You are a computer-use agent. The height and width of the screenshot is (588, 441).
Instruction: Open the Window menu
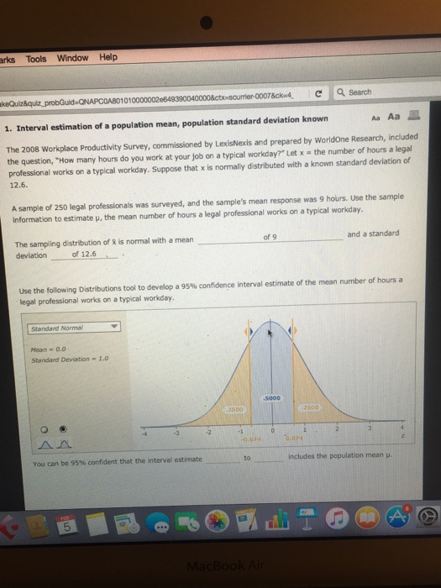coord(72,58)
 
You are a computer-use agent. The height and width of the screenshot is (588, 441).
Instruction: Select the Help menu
coord(108,57)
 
